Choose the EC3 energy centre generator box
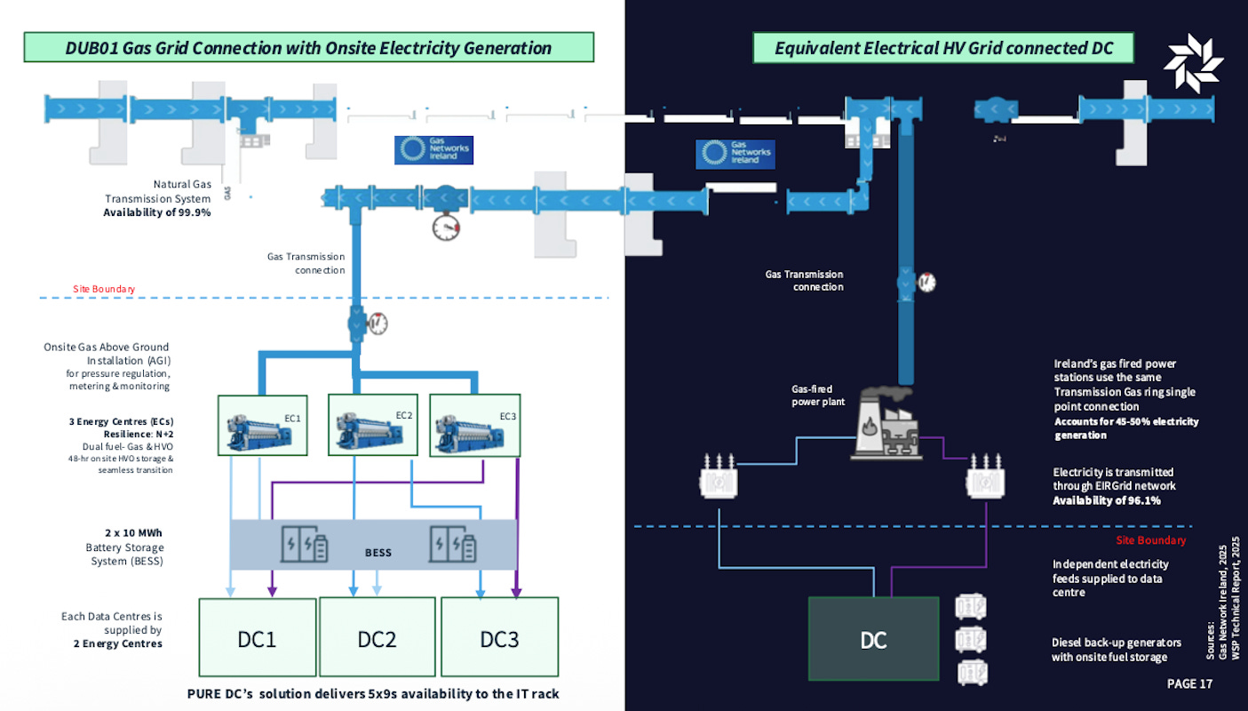pos(475,427)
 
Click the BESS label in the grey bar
pos(378,552)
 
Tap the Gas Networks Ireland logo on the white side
pos(433,149)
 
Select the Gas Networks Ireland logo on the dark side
pos(735,155)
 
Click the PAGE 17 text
pos(1188,683)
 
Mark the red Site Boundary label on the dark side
pos(1150,540)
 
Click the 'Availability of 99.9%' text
pos(157,213)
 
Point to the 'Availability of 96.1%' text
pos(1107,500)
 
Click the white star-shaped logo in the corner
pos(1193,61)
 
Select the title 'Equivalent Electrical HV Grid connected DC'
pos(943,48)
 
